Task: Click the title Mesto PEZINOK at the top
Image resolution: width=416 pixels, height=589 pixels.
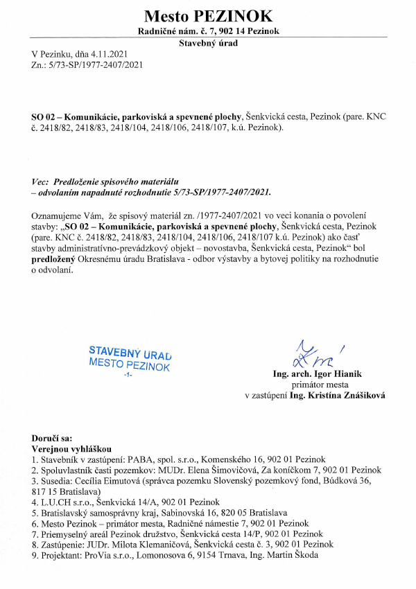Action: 208,15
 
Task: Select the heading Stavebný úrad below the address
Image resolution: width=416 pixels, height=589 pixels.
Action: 208,43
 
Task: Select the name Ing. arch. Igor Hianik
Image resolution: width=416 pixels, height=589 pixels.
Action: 318,374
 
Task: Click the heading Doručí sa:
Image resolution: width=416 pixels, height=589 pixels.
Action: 52,439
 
